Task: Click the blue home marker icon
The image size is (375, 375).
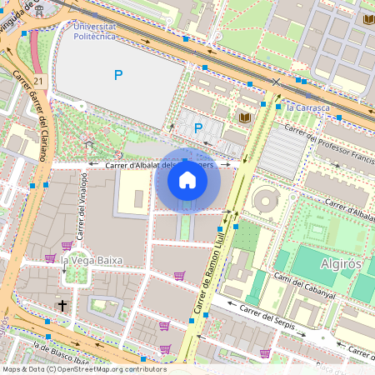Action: tap(187, 179)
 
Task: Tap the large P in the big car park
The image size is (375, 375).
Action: tap(118, 75)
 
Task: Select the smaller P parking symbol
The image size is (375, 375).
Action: tap(198, 127)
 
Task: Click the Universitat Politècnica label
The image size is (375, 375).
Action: tap(95, 32)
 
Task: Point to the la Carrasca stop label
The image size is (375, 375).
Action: tap(307, 108)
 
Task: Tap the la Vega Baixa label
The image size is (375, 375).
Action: tap(91, 260)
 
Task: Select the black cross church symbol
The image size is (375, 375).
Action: tap(62, 306)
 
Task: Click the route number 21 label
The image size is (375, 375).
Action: tap(39, 81)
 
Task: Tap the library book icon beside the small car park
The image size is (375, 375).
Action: tap(245, 117)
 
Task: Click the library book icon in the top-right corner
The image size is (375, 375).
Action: tap(367, 18)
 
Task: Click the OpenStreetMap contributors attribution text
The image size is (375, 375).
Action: tap(83, 368)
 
